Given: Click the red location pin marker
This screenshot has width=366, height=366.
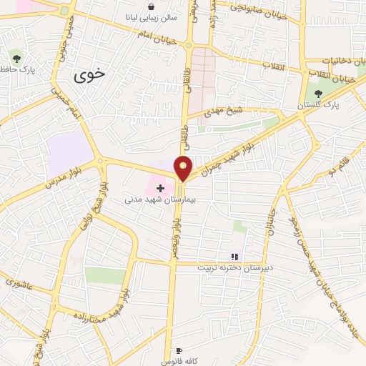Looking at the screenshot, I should pos(184,168).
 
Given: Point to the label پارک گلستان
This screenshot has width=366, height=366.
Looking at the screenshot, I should pos(320,105).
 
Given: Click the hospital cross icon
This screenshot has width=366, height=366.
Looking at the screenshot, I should pos(160,187).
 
